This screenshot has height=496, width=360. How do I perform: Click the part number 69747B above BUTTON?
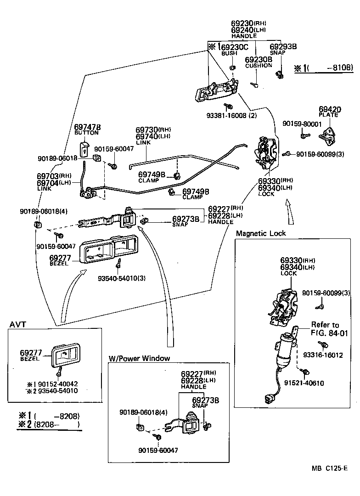[x=87, y=127]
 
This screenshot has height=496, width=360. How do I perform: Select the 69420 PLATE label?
[x=330, y=112]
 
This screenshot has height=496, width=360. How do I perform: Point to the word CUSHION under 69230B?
[x=259, y=66]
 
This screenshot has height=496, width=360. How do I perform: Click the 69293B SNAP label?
[x=283, y=49]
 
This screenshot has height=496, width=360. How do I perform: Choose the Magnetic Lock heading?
[x=260, y=233]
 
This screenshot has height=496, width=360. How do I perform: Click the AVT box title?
[x=18, y=325]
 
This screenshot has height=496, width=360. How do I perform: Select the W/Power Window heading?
[x=139, y=358]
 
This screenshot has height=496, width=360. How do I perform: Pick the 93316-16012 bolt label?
[x=329, y=355]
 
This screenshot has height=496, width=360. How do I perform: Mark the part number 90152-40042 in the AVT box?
[x=58, y=384]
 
